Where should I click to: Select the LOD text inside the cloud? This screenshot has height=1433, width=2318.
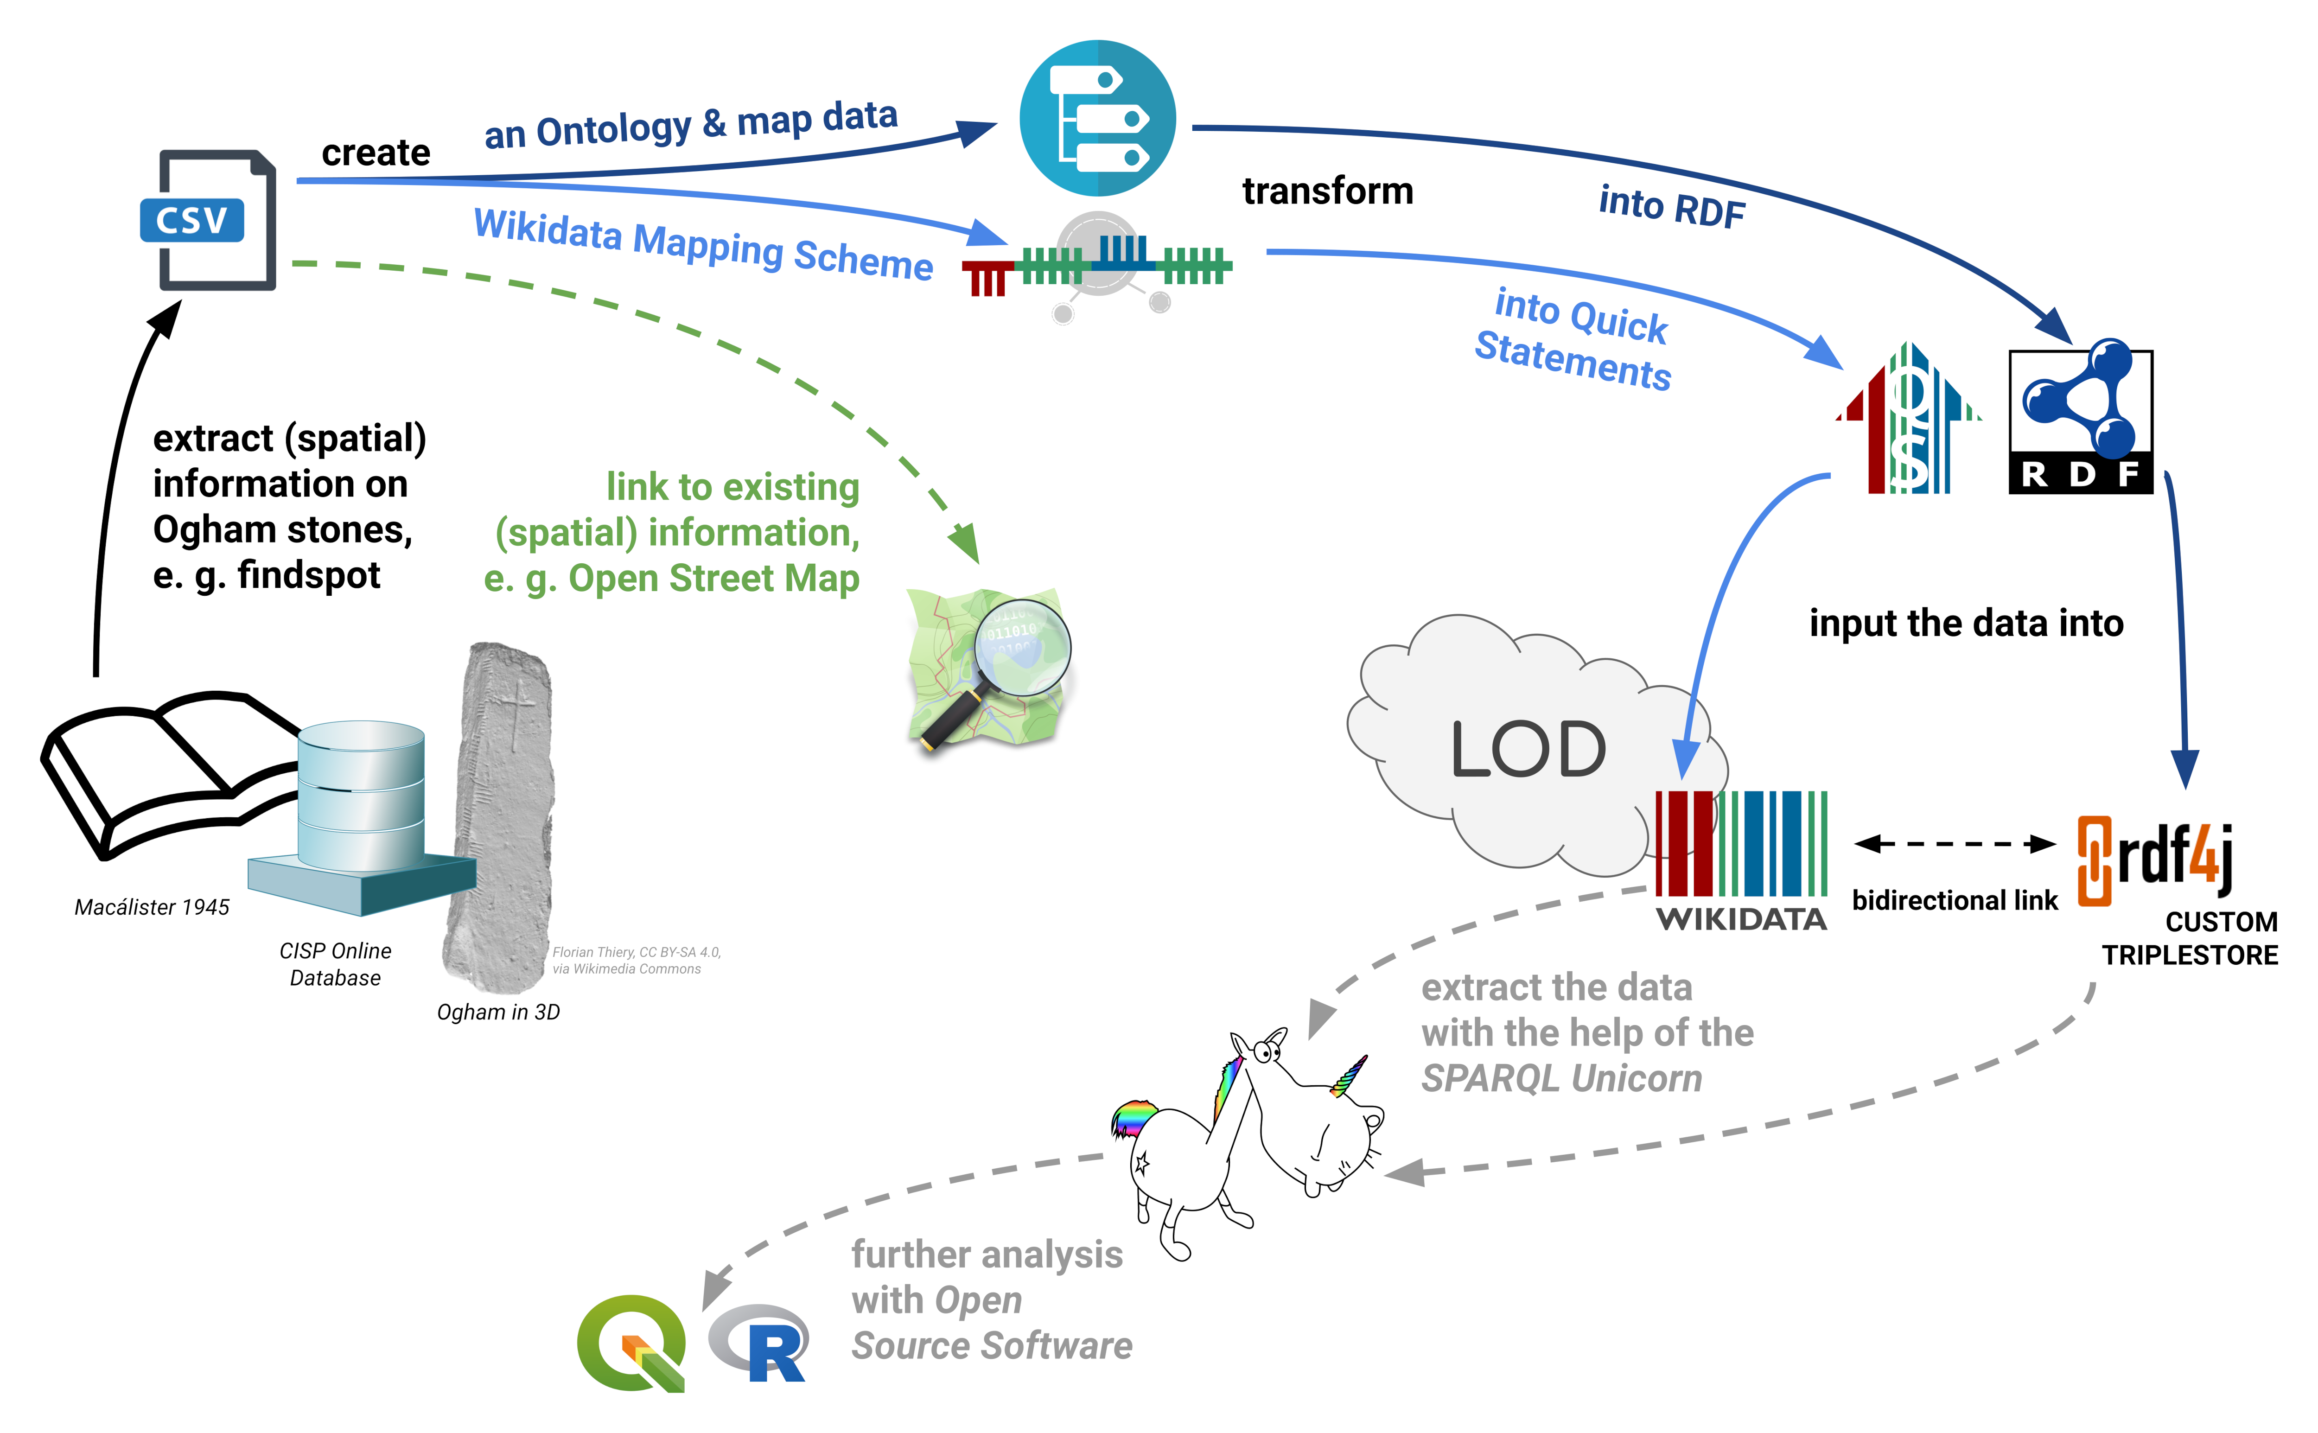click(x=1528, y=749)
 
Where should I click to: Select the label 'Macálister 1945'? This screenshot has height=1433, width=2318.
click(x=152, y=907)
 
